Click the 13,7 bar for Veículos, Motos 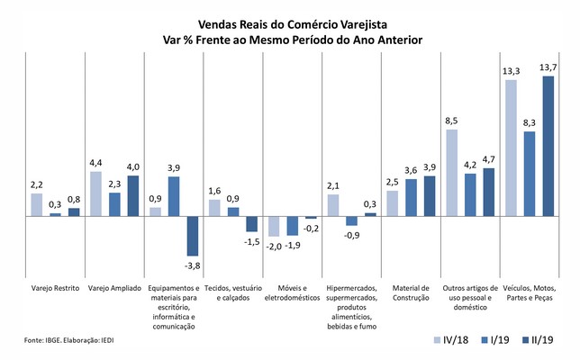(x=548, y=146)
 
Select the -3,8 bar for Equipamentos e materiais (x=193, y=236)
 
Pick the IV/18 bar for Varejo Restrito (x=37, y=205)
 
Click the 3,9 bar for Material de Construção (x=429, y=196)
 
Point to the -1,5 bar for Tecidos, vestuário (x=251, y=224)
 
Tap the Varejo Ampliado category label (x=113, y=288)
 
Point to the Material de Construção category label (x=410, y=292)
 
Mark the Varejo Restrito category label (x=55, y=288)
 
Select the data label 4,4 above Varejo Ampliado (x=96, y=163)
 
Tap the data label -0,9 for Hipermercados (x=351, y=235)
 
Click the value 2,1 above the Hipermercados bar (x=333, y=186)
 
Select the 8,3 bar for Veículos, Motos (x=530, y=174)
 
